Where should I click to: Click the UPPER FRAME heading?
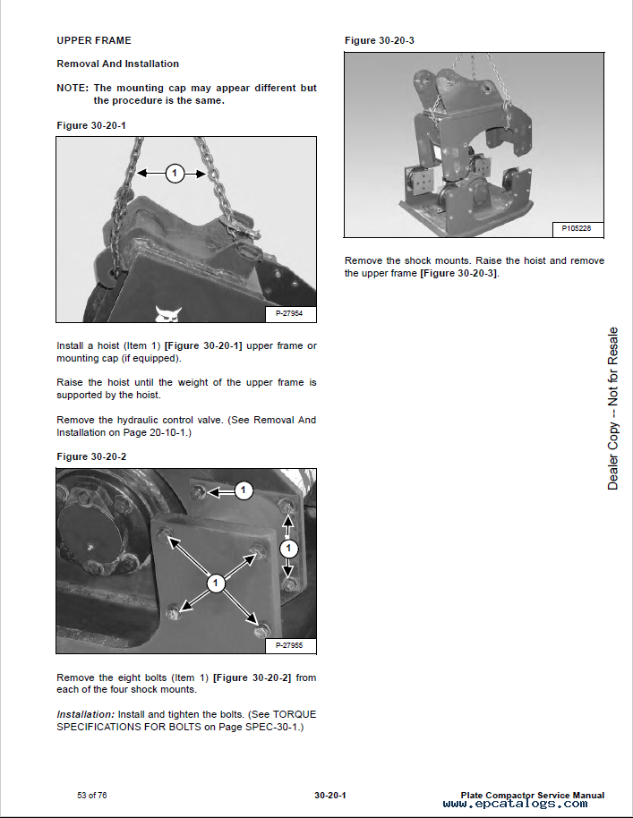(x=94, y=40)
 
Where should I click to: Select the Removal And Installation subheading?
(x=117, y=64)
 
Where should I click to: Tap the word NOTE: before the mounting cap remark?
(x=73, y=88)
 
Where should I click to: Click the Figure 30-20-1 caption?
(x=91, y=125)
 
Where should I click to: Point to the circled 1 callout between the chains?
(x=175, y=174)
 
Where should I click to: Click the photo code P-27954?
(x=289, y=313)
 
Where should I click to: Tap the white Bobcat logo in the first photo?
(x=167, y=314)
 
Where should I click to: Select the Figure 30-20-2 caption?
(x=91, y=457)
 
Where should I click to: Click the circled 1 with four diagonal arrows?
(x=216, y=584)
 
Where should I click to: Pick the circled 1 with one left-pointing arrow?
(x=244, y=490)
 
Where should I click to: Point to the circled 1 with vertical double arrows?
(x=288, y=549)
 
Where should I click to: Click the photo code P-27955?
(x=289, y=645)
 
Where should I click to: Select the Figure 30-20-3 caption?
(x=380, y=40)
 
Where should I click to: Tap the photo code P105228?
(x=577, y=228)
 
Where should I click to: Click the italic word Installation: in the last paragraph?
(x=86, y=715)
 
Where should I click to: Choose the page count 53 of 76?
(x=92, y=795)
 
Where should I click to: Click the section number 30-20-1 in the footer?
(x=329, y=795)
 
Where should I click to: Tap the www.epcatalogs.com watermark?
(x=515, y=804)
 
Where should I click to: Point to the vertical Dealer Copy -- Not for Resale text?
(x=612, y=408)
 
